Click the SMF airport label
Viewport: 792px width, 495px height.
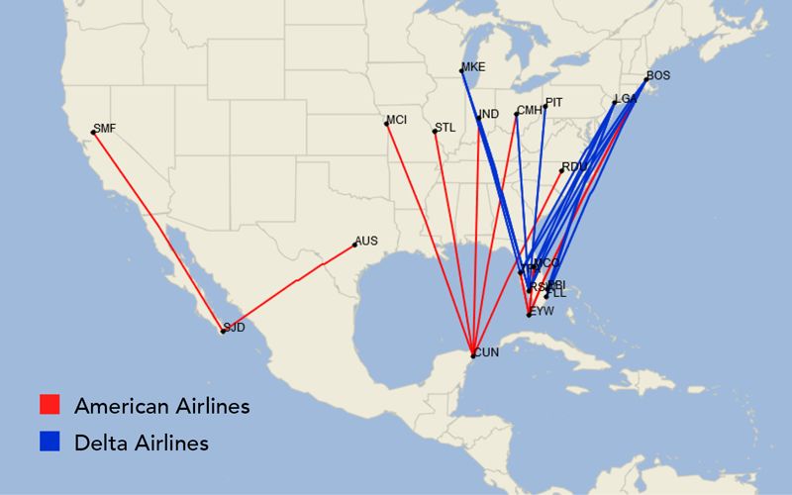click(104, 128)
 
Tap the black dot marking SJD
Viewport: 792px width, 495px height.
click(223, 331)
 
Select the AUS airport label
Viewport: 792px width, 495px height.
click(366, 241)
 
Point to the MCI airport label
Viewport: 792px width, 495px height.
click(397, 120)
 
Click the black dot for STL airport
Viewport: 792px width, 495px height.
click(435, 132)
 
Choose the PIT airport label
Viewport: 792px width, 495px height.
click(554, 102)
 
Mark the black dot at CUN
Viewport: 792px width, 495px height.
click(473, 355)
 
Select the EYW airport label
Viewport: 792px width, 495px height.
click(543, 311)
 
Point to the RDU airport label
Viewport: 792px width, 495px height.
click(575, 166)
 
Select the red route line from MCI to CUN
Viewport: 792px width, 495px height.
click(430, 239)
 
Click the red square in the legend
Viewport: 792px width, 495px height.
click(49, 405)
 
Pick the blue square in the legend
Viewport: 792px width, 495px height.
click(49, 442)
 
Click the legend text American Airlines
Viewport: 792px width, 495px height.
click(161, 406)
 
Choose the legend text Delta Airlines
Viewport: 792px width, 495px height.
click(141, 443)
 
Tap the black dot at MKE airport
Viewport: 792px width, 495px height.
click(461, 70)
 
